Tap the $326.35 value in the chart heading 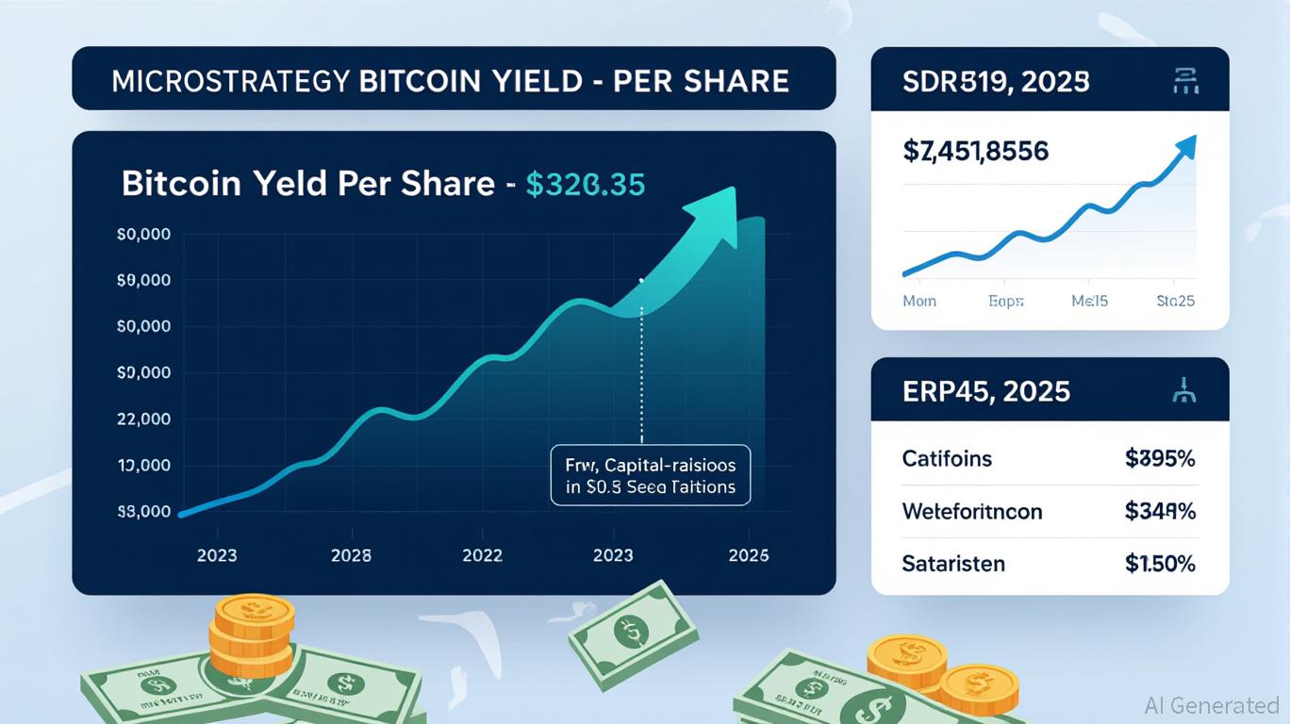pos(585,183)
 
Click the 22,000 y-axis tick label pos(143,419)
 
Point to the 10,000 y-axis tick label pos(143,465)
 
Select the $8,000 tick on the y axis pos(143,512)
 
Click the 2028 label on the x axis pos(351,555)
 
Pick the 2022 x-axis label pos(482,555)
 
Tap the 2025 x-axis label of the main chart pos(749,555)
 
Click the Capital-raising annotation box pos(650,476)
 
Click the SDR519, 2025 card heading pos(997,82)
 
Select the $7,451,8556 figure pos(976,151)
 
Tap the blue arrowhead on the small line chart pos(1185,147)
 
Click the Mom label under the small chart pos(919,301)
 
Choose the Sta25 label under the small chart pos(1176,301)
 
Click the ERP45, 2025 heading pos(986,390)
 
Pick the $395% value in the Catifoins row pos(1160,459)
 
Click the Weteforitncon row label pos(972,512)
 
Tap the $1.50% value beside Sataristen pos(1160,564)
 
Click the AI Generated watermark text pos(1212,705)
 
